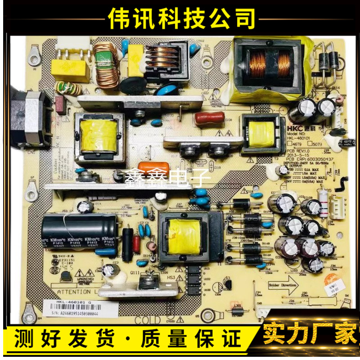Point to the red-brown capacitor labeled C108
click(x=209, y=118)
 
